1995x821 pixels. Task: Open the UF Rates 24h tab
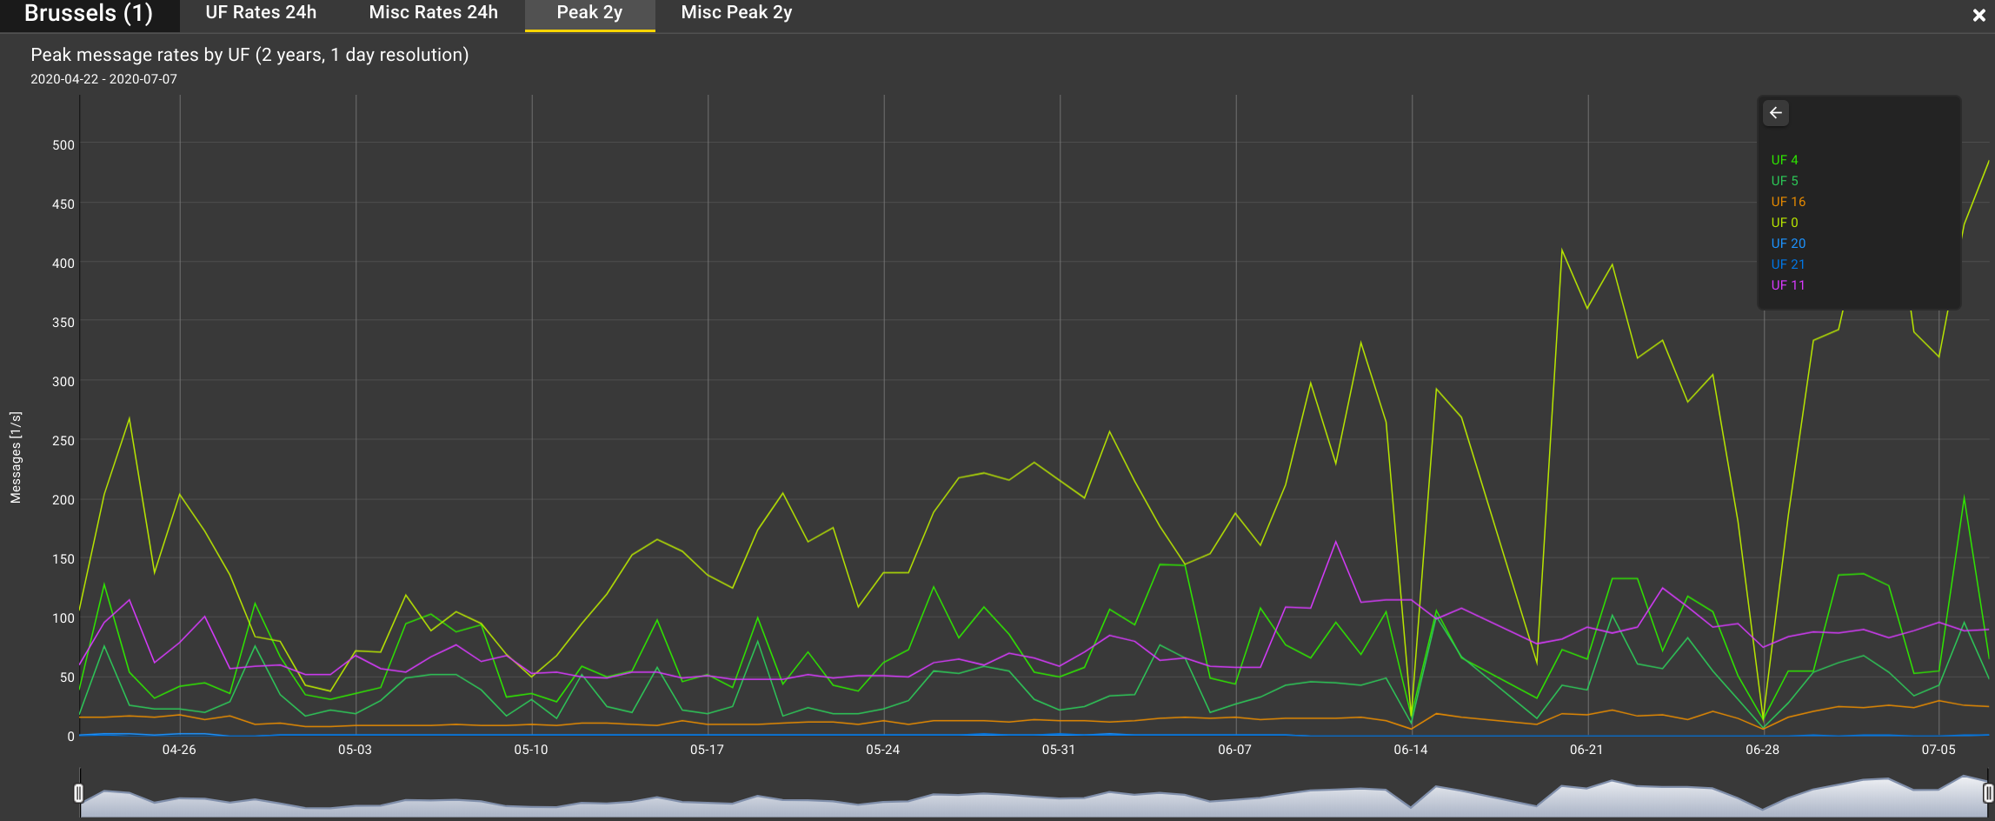point(261,13)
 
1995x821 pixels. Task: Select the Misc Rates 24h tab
point(433,13)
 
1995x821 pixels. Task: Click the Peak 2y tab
point(589,13)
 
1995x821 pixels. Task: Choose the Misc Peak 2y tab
point(736,13)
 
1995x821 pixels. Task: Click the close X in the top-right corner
point(1979,15)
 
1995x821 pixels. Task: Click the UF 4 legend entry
point(1785,160)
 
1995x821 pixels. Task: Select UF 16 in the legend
point(1788,202)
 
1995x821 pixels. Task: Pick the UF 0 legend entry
point(1785,223)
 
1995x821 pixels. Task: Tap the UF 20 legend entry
point(1788,244)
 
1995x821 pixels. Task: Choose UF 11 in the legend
point(1788,285)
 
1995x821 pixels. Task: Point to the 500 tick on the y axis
point(63,145)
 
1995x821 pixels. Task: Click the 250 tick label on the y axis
point(63,441)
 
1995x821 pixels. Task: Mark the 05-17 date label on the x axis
point(707,750)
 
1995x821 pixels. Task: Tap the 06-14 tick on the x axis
point(1411,750)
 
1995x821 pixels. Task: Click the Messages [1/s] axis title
point(16,457)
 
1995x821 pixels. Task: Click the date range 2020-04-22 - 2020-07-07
point(103,79)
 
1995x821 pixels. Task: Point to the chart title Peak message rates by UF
point(249,55)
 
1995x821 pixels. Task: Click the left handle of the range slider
point(79,793)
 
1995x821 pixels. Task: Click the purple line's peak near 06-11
point(1335,542)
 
